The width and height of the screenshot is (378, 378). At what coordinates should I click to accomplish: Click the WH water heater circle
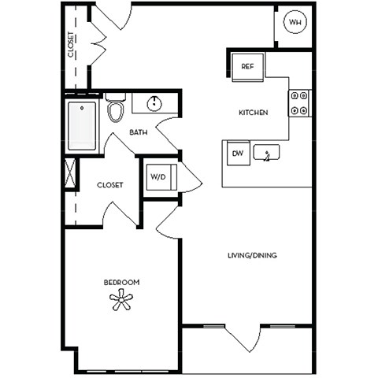(295, 23)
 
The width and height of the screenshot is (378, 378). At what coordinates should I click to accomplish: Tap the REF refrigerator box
(246, 67)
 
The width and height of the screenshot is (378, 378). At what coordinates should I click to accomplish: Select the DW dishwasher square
(237, 153)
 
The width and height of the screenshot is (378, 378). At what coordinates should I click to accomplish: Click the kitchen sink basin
(267, 153)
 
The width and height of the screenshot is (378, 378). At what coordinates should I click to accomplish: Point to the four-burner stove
(300, 103)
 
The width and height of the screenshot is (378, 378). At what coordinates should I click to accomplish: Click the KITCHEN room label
(254, 113)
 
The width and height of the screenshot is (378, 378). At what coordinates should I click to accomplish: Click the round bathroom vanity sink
(154, 103)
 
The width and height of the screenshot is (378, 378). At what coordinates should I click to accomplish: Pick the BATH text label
(139, 132)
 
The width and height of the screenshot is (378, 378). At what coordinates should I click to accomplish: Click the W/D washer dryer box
(157, 177)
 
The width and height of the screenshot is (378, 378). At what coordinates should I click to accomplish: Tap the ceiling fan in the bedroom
(121, 298)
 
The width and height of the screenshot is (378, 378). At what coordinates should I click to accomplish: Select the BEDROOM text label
(121, 282)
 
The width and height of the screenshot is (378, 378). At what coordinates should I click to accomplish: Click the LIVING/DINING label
(252, 255)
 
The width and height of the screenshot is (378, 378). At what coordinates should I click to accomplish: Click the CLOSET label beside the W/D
(109, 185)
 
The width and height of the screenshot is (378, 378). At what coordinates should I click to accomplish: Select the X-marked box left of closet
(70, 173)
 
